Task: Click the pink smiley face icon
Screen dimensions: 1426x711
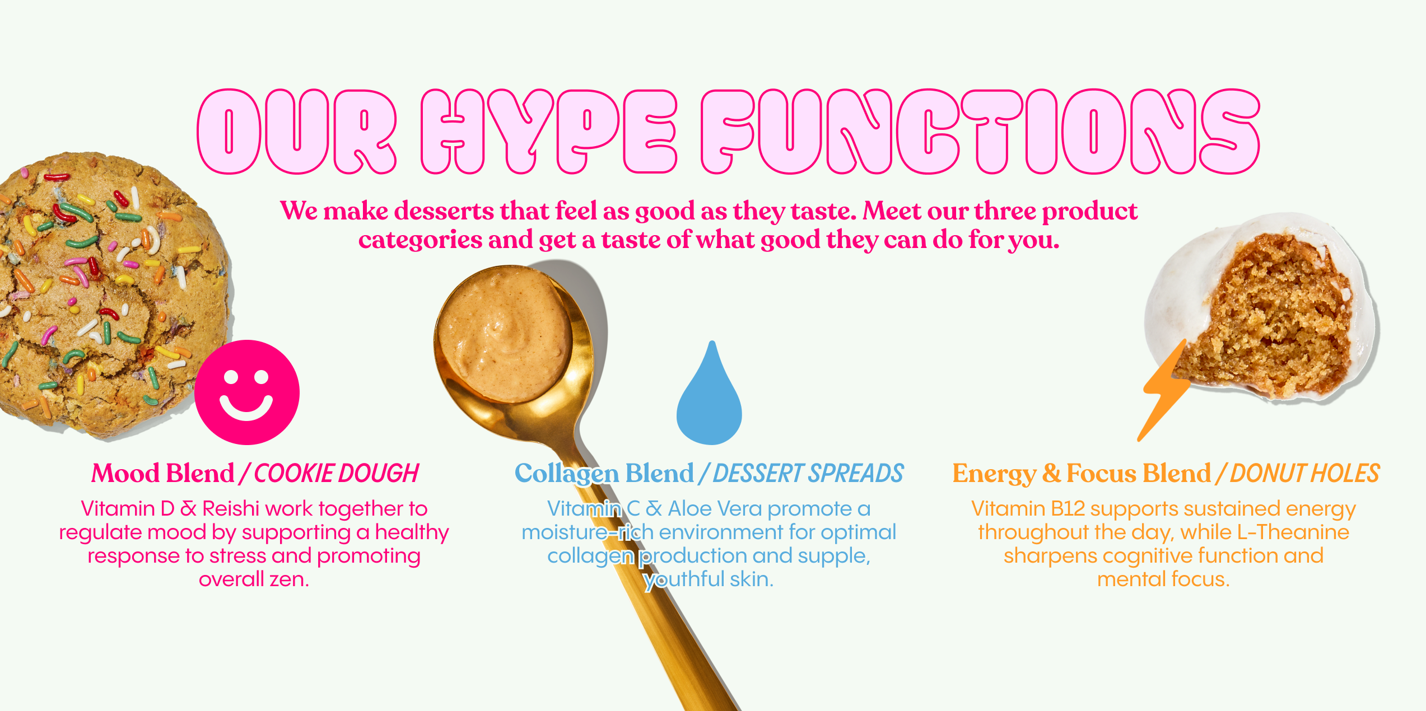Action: (247, 392)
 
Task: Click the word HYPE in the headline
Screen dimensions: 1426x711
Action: (549, 132)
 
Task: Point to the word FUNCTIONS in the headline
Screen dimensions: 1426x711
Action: (981, 132)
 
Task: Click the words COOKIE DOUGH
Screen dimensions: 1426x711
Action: (337, 474)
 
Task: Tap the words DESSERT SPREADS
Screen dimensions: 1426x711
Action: (808, 474)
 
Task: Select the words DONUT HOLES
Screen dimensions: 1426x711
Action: (1304, 474)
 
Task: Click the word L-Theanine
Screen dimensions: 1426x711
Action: (1293, 532)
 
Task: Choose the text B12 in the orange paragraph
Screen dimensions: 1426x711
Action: (1068, 508)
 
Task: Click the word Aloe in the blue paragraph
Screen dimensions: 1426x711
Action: (689, 508)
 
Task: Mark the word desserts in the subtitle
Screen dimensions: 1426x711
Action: (444, 211)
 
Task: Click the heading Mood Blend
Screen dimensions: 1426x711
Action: (163, 474)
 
